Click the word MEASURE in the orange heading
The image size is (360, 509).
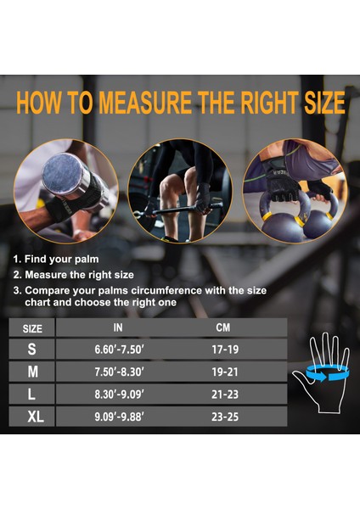pos(145,103)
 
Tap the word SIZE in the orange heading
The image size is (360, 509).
pos(324,103)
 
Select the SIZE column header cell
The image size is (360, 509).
pos(32,327)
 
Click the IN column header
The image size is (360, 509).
pos(118,327)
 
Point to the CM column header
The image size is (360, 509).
pos(223,327)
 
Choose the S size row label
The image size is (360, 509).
pos(32,349)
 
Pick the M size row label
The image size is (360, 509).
pos(32,372)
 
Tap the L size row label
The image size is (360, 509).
pos(31,394)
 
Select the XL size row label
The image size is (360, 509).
pos(36,417)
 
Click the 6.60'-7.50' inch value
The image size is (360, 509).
pos(119,350)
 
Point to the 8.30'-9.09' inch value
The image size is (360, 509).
pos(119,394)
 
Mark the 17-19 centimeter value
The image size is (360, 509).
pos(225,350)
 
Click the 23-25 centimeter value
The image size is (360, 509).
pos(225,417)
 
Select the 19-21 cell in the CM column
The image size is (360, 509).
pos(225,372)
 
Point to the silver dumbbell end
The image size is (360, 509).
pos(62,174)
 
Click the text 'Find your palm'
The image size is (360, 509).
pos(61,259)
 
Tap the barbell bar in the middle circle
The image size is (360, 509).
pos(178,210)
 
